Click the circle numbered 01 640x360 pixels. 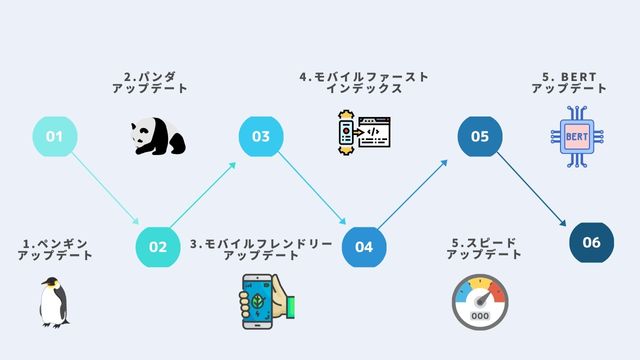pos(55,136)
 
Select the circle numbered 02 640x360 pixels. pos(158,246)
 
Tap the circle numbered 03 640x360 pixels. pos(261,136)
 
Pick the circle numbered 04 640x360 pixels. pos(364,246)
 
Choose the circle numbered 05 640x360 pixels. pos(480,136)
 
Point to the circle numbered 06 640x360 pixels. pos(591,242)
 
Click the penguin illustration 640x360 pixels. pos(53,302)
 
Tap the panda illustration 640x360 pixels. pos(157,137)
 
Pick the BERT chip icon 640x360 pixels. pos(576,136)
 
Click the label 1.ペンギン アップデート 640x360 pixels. pos(55,249)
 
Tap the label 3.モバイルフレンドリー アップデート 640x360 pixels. pos(261,249)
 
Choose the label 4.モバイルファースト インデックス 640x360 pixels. pos(364,82)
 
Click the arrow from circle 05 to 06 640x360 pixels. pos(535,189)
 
